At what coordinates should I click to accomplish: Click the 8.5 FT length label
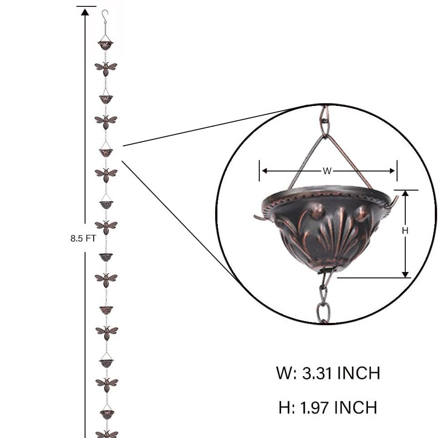tap(83, 238)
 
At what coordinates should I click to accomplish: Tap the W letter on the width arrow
tap(327, 171)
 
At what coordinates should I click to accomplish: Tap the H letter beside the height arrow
tap(405, 231)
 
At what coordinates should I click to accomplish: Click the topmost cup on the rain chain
tap(106, 45)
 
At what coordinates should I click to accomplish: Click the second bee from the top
tap(106, 122)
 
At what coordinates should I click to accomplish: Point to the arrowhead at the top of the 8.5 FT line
tap(85, 12)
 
